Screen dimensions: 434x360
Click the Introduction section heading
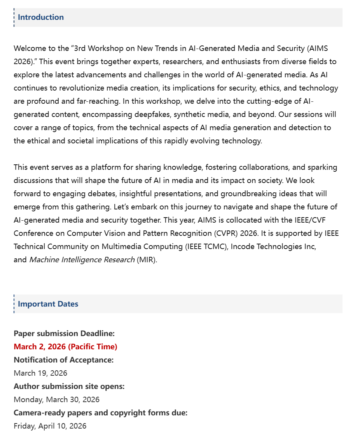click(x=41, y=17)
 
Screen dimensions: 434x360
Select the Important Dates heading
click(x=48, y=304)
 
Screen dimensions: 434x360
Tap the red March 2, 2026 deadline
click(x=65, y=347)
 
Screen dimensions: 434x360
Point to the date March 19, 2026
click(x=40, y=373)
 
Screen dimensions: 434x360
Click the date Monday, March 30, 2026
click(x=56, y=399)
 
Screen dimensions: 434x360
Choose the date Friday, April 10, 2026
click(x=50, y=426)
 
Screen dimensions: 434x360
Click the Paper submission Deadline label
click(x=64, y=333)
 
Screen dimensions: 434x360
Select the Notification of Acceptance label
click(x=64, y=360)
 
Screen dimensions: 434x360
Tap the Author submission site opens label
click(x=69, y=386)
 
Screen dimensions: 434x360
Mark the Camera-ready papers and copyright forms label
click(x=100, y=413)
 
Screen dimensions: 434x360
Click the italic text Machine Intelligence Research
click(x=82, y=260)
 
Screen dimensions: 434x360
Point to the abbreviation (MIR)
click(x=147, y=260)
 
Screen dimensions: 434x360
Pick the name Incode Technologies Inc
click(x=273, y=246)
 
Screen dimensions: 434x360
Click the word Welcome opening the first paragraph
click(x=30, y=49)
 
